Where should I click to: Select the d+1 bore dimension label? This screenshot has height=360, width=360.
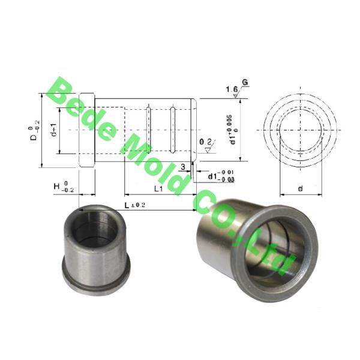click(x=53, y=130)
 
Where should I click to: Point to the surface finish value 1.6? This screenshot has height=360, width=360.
click(x=230, y=90)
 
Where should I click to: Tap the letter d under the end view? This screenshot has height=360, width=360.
click(x=300, y=189)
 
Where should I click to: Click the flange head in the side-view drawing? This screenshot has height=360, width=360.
click(x=86, y=130)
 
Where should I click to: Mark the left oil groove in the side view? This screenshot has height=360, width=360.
click(x=149, y=129)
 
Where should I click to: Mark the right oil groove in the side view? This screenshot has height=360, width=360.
click(x=172, y=129)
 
